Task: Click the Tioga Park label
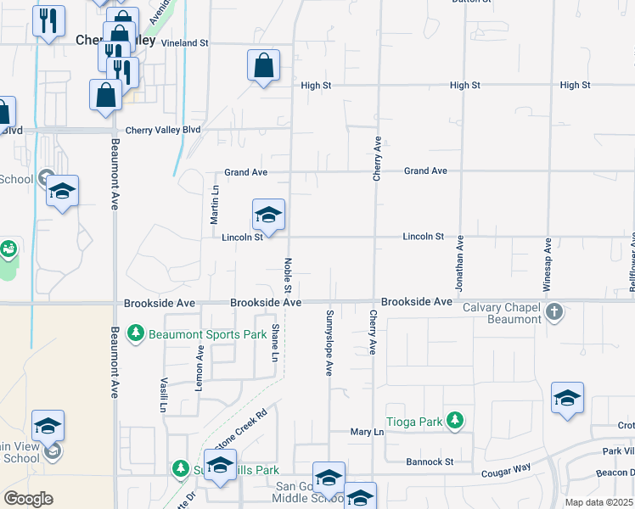(x=415, y=420)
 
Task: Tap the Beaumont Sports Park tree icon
(x=135, y=333)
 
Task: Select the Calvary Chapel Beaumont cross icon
(x=554, y=311)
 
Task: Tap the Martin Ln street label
(x=215, y=204)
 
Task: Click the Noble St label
(x=288, y=277)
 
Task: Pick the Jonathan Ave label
(x=459, y=264)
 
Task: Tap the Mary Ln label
(x=368, y=432)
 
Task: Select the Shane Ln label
(x=274, y=339)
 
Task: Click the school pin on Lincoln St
(x=268, y=215)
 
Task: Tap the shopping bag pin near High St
(x=264, y=65)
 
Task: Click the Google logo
(x=28, y=499)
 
